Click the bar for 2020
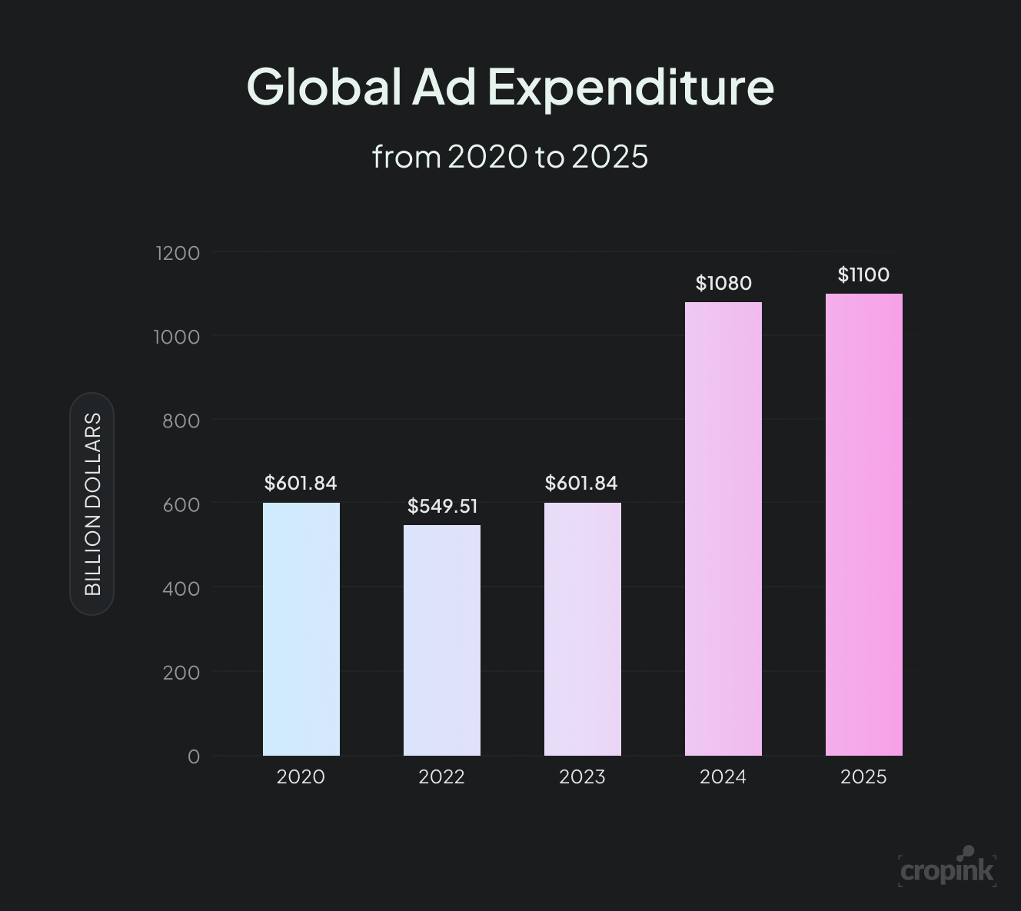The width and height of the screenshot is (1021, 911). pos(301,629)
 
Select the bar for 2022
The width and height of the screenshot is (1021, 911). pos(442,640)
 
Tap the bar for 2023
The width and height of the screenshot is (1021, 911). pos(583,629)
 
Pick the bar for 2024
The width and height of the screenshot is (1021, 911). pos(723,529)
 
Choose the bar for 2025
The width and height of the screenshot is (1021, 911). pos(864,524)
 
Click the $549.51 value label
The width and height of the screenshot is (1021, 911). pos(442,506)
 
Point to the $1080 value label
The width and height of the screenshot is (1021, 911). pos(723,283)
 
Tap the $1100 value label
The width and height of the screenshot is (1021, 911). pos(863,274)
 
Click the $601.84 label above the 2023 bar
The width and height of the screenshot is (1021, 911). pos(581,483)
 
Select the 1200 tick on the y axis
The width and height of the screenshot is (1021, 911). pos(178,253)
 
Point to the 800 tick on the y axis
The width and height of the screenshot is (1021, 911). pos(181,421)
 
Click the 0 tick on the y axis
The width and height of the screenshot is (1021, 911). pos(194,756)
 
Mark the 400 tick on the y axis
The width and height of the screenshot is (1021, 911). pos(181,588)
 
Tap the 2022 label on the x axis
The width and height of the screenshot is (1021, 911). pos(441,777)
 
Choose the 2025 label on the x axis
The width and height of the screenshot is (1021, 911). pos(863,777)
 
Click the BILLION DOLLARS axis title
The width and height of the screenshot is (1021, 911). pos(92,504)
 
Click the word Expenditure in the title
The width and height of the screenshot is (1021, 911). pos(630,87)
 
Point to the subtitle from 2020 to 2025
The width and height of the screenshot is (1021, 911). pos(510,157)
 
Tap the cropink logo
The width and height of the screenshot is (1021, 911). pos(947,869)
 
